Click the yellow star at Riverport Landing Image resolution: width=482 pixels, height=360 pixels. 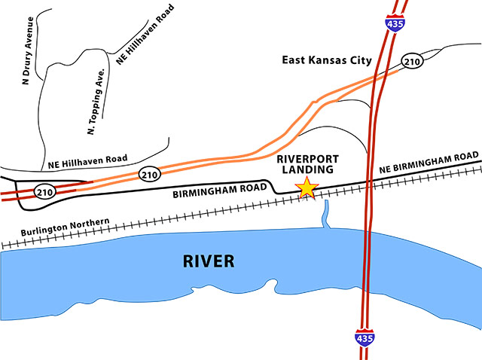tap(307, 188)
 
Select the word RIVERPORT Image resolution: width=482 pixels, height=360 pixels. tap(308, 159)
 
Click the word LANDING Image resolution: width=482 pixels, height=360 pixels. tap(308, 171)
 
